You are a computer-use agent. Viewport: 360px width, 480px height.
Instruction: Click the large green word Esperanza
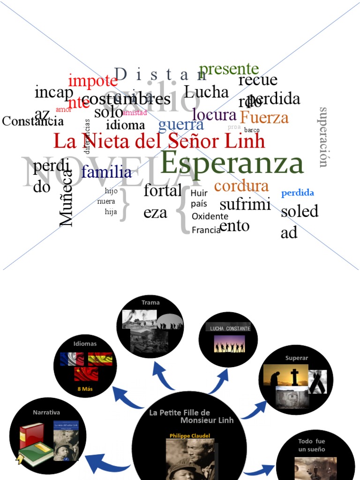pos(232,164)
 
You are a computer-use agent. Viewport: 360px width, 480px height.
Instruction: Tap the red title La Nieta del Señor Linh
pos(159,141)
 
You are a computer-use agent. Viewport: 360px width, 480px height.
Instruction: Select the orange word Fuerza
pos(264,117)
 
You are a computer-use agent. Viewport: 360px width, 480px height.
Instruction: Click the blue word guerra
pos(181,124)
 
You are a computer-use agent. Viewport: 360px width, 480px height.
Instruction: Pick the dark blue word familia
pos(106,172)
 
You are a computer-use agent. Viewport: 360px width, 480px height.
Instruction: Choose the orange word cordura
pos(241,186)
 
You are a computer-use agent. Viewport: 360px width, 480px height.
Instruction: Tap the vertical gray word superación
pos(323,137)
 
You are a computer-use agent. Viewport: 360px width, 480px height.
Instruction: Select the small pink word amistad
pos(135,112)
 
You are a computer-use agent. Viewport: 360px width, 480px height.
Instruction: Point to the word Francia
pos(206,230)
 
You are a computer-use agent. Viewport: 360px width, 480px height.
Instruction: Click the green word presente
pos(229,69)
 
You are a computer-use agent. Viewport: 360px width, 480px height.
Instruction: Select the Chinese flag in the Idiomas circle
pos(86,374)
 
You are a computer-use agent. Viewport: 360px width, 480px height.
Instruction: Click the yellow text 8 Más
pos(85,389)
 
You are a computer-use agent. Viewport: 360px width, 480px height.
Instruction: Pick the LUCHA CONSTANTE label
pos(229,329)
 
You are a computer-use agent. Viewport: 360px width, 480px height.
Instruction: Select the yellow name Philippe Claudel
pos(189,435)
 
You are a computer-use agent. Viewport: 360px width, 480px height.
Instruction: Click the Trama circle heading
pos(150,303)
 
